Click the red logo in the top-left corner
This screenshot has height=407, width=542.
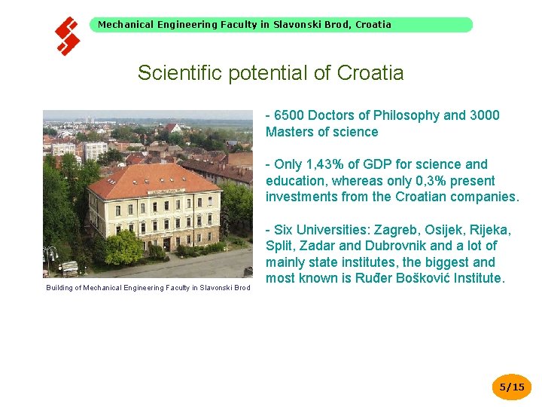[x=68, y=35]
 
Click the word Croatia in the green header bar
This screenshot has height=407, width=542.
[x=373, y=24]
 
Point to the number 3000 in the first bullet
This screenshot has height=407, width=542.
[x=484, y=115]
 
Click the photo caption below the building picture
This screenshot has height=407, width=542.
[x=148, y=287]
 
